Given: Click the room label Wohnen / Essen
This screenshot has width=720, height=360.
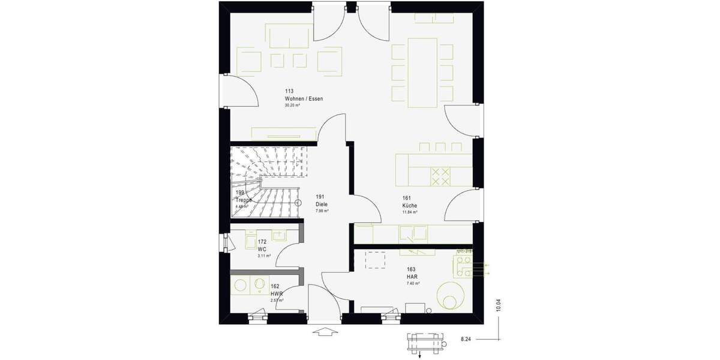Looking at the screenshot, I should pos(300,98).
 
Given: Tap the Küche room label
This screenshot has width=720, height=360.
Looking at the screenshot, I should pos(410,205).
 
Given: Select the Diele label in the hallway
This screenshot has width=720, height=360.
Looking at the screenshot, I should pos(322,204).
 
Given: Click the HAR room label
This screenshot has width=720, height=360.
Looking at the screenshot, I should pos(412,276).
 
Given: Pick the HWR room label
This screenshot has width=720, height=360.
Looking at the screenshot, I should pos(276,293).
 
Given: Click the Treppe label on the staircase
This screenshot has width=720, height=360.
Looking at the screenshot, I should pos(243,200).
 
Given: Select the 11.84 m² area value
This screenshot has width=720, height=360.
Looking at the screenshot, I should pos(410,212).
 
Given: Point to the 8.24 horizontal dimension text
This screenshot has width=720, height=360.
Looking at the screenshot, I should pos(466,340).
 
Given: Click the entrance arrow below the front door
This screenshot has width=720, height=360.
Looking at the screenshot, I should pos(322,331).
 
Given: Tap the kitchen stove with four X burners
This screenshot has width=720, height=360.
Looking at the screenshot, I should pos(441,176).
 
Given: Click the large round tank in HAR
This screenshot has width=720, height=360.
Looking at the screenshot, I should pos(450,296).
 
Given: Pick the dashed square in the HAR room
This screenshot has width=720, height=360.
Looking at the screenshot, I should pos(376,259).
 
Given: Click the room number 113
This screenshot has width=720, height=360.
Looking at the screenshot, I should pos(289,91).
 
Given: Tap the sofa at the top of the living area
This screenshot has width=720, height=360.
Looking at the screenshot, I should pos(290,37).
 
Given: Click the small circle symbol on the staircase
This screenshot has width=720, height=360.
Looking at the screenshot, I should pos(297,202).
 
